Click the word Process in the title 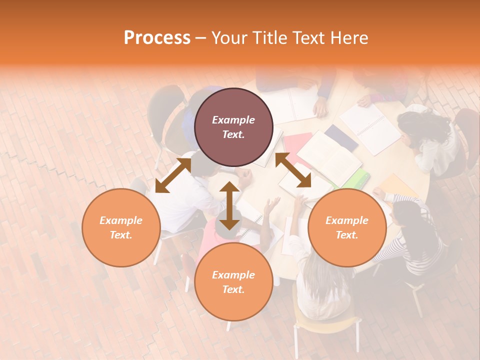point(157,38)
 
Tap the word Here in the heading point(348,38)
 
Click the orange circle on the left point(121,227)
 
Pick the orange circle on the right point(347,227)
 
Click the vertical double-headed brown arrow point(229,206)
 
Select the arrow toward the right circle point(293,170)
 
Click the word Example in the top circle point(233,120)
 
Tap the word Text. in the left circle point(121,235)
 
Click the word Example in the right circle point(347,220)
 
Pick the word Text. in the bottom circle point(233,289)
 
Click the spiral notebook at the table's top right point(370,127)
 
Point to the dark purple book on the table point(341,137)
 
